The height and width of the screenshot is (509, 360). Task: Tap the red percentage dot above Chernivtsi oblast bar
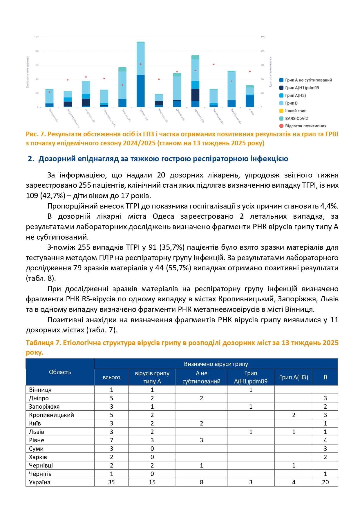click(214, 64)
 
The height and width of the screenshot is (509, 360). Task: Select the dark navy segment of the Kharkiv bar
click(195, 95)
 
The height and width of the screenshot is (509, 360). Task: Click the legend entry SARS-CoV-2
click(296, 118)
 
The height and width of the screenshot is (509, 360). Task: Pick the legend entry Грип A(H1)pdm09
click(302, 88)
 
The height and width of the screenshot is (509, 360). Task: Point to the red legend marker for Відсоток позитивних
click(281, 126)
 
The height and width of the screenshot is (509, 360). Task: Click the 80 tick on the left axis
click(37, 51)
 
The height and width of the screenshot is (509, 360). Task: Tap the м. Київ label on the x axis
click(251, 112)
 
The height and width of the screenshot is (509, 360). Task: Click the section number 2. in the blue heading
click(31, 159)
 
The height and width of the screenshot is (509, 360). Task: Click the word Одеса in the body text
click(163, 216)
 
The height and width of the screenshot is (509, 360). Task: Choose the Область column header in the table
click(60, 372)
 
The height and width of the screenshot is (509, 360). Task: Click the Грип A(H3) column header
click(294, 377)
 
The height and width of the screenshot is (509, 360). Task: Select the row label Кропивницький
click(52, 415)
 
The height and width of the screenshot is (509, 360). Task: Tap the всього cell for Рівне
click(111, 440)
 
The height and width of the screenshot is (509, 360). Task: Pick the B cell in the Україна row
click(325, 482)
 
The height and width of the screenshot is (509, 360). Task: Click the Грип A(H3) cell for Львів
click(294, 432)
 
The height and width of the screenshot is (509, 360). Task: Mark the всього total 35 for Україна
click(111, 482)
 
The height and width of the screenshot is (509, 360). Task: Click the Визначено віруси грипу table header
click(216, 364)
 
